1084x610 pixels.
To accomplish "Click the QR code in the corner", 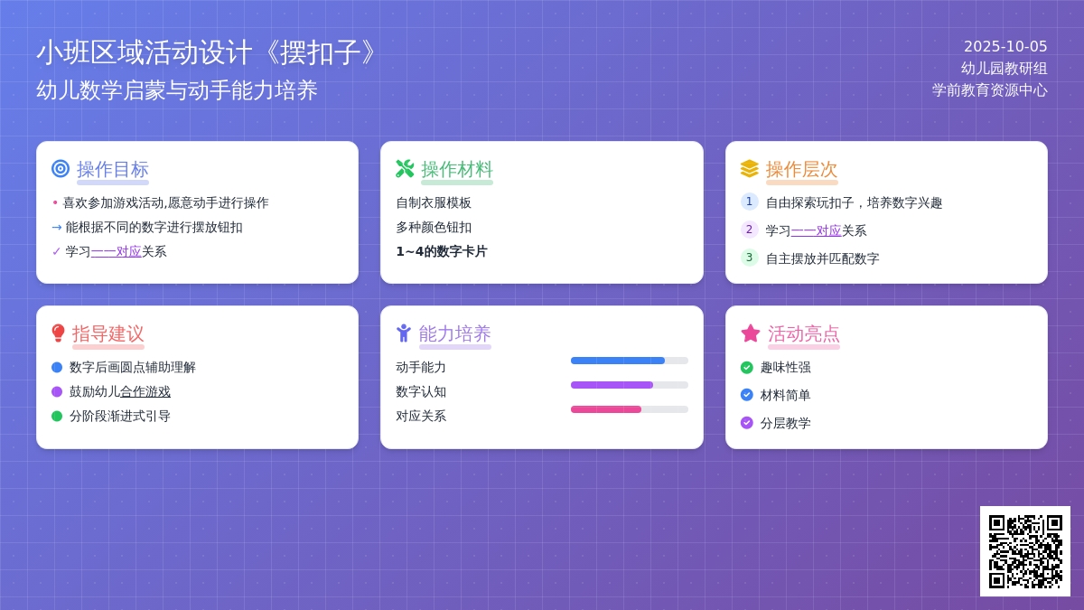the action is coord(1025,551).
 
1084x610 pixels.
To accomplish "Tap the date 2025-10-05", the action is coord(1005,46).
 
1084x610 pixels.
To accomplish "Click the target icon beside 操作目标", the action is coord(61,168).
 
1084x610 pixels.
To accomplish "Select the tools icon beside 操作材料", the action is coord(405,168).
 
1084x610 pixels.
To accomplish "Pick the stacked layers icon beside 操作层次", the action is coord(749,168).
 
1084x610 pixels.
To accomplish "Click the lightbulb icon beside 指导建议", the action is coord(58,333).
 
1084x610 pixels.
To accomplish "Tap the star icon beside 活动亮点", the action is coord(750,333).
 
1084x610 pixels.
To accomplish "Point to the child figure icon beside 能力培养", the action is coord(403,333).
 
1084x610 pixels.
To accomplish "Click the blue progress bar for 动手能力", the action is coord(618,361).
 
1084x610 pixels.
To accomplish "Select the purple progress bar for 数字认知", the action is coord(612,385).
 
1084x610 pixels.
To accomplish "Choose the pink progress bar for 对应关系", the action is coord(606,409).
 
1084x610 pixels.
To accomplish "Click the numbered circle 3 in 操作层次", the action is coord(749,257).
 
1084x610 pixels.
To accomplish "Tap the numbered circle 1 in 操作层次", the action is coord(749,202).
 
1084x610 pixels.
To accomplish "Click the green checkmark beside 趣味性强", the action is coord(747,368).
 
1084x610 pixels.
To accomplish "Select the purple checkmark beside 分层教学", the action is coord(747,423).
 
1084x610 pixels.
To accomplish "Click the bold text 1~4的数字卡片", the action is coord(442,252).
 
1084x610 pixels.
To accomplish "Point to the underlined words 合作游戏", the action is coord(145,391).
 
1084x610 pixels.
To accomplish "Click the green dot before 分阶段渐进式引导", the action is coord(57,417).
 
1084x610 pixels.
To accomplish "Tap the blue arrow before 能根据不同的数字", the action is coord(57,227).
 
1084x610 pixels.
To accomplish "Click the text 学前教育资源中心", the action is coord(990,90).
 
